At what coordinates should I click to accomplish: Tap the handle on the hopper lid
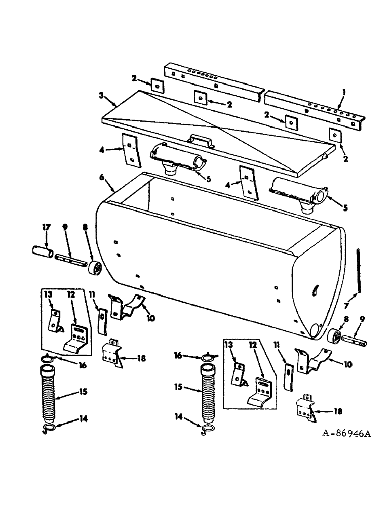pyautogui.click(x=199, y=141)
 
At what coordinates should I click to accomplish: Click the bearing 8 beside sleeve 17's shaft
pyautogui.click(x=94, y=266)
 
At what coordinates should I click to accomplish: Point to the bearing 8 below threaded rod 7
pyautogui.click(x=334, y=337)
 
